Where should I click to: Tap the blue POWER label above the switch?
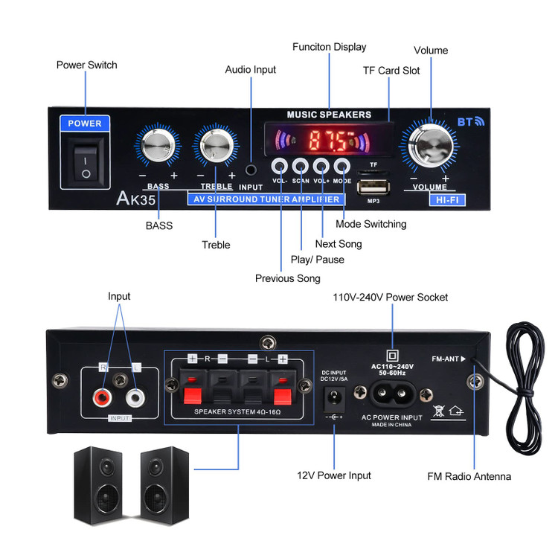point(85,124)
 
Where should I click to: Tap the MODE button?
point(342,166)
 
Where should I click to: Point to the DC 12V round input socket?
point(334,394)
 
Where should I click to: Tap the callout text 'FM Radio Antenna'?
point(469,476)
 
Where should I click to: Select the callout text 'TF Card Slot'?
point(391,71)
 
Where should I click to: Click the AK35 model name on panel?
point(135,199)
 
